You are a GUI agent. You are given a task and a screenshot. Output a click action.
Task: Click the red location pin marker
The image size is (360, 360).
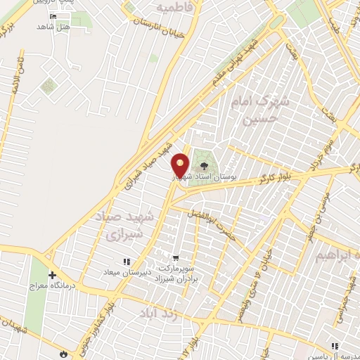[181, 166]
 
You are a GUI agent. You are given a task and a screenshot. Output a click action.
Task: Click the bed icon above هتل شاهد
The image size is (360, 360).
[53, 15]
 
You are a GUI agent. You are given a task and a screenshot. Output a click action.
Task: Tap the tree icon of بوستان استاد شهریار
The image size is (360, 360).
[204, 166]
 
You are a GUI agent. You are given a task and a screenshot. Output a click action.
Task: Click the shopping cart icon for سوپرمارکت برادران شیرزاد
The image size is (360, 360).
[175, 257]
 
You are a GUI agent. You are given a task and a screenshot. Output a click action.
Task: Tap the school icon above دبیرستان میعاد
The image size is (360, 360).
[127, 262]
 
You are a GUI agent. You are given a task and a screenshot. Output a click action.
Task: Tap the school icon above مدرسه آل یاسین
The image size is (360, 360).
[335, 346]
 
